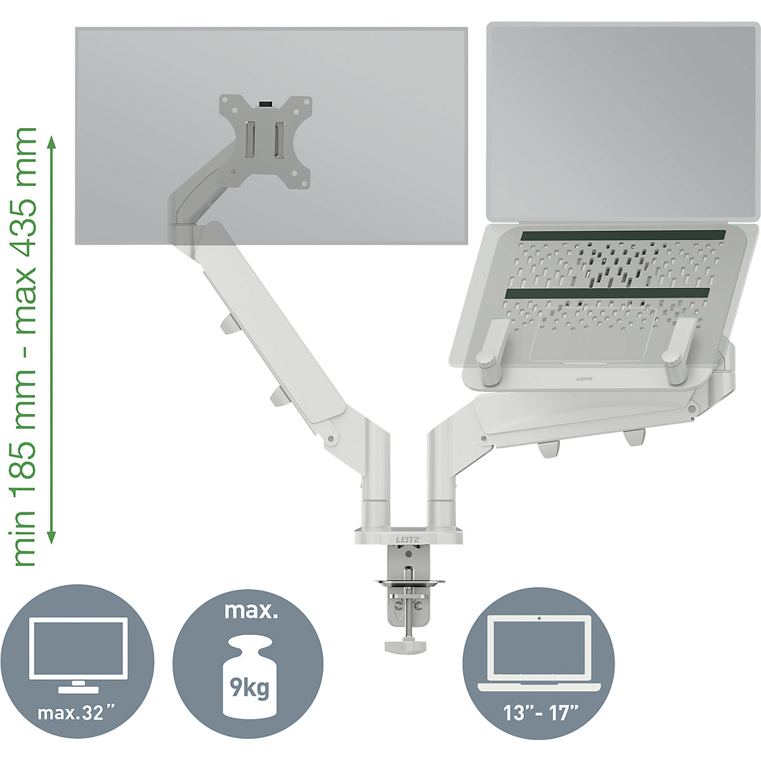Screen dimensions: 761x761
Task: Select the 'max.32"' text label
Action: [x=80, y=712]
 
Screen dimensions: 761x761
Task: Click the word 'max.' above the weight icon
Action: [x=248, y=613]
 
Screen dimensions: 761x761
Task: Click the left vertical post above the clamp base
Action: [x=374, y=501]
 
